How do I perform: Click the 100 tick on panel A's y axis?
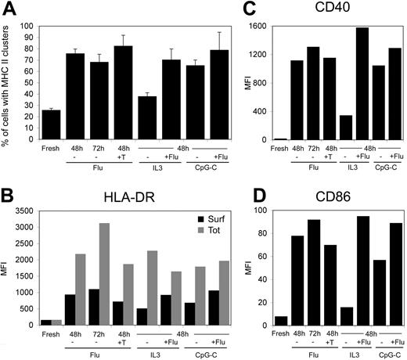28,26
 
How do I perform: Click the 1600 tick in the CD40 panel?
264,27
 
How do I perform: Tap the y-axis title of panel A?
9,86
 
